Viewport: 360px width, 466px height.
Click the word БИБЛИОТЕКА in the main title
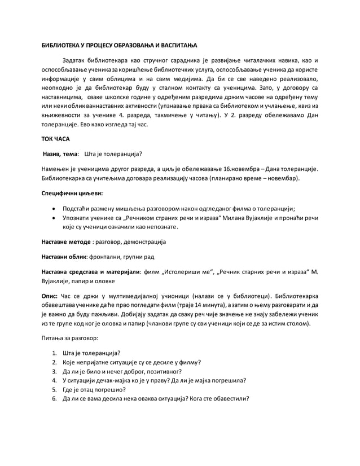click(x=62, y=45)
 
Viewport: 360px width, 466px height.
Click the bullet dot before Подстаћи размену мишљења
click(x=54, y=208)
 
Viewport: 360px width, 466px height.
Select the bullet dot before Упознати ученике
click(x=54, y=217)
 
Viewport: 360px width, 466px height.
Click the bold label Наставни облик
click(x=64, y=256)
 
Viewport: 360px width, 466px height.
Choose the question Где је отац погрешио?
click(x=94, y=389)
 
